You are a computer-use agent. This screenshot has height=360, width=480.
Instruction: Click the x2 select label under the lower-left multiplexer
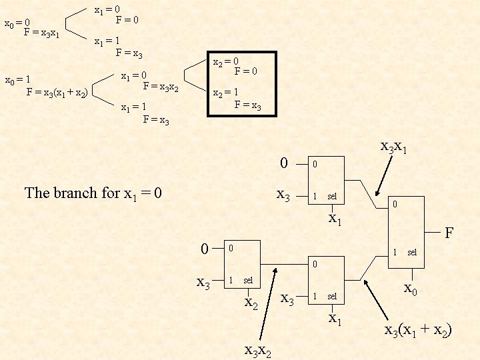[x=251, y=304]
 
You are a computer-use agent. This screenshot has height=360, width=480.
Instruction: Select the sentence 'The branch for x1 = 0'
[x=93, y=193]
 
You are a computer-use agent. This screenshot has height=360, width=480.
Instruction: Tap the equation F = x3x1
[x=41, y=32]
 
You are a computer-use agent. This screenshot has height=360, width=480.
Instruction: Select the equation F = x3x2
[x=161, y=85]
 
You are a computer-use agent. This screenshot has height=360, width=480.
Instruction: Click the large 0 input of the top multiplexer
[x=284, y=163]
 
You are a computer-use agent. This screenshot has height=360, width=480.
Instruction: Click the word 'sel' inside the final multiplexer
[x=412, y=253]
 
